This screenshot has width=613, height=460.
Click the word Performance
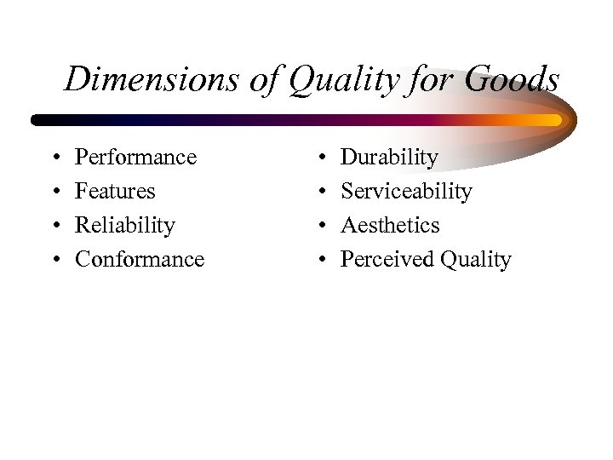click(x=135, y=158)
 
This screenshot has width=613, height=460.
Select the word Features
click(x=115, y=192)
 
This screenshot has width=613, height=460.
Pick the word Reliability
click(x=125, y=226)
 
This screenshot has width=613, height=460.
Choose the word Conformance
click(x=140, y=259)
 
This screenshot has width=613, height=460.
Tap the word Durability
click(x=389, y=158)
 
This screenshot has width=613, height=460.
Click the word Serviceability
click(x=405, y=192)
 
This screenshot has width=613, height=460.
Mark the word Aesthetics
click(x=390, y=226)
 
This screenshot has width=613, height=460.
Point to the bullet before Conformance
click(x=53, y=260)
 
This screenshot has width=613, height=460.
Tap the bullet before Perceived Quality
click(x=318, y=260)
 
